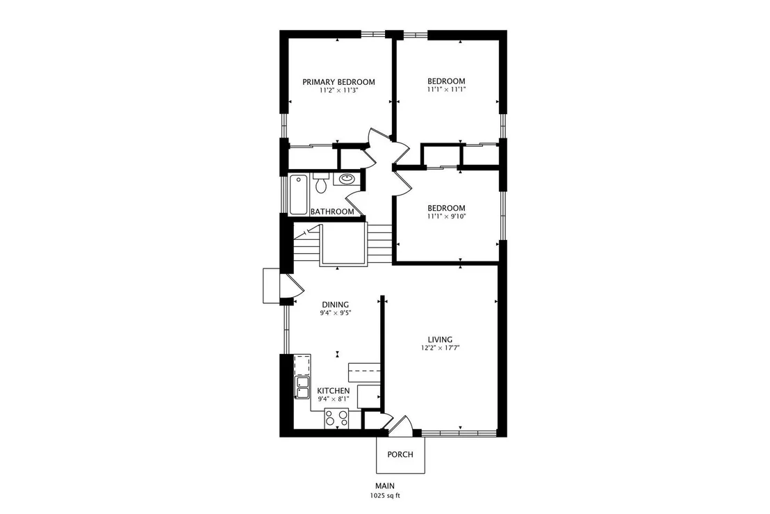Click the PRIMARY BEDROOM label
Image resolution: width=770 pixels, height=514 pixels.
point(338,82)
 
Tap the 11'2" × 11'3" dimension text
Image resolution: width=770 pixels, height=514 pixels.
point(338,90)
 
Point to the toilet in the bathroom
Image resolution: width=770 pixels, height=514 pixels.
point(321,183)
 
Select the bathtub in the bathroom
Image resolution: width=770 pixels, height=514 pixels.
point(298,195)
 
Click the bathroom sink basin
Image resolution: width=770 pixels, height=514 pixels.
point(347,178)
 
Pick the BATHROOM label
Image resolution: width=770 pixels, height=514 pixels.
point(332,212)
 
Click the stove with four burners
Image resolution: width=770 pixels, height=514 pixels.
point(336,418)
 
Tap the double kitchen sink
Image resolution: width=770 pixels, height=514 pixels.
point(302,387)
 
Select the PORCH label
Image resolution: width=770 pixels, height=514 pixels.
point(400,455)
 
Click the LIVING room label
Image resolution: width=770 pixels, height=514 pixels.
point(440,339)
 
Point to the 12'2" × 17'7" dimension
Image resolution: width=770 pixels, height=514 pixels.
point(440,348)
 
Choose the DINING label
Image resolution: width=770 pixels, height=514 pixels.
point(336,305)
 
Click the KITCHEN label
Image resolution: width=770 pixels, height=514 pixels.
point(334,391)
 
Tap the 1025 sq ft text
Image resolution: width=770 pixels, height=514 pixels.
point(386,496)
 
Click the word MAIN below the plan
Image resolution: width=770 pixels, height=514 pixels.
point(386,486)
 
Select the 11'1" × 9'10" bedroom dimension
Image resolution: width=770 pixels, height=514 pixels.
point(446,216)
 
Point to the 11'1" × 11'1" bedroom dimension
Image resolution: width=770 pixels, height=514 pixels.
point(446,90)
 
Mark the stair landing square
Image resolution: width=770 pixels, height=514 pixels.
point(343,244)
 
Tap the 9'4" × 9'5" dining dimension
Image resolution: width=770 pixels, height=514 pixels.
point(336,312)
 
